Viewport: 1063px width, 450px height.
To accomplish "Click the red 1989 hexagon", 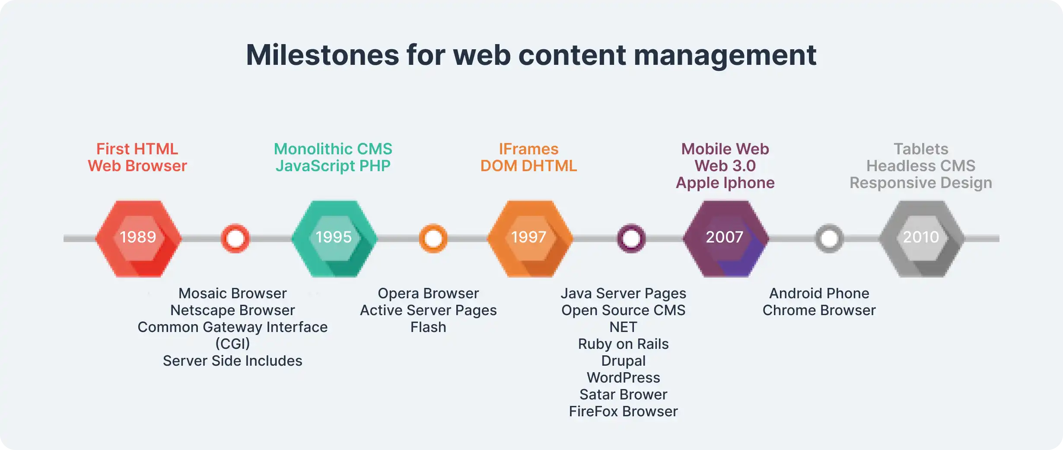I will pos(138,238).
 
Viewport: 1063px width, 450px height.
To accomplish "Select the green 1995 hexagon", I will pos(334,238).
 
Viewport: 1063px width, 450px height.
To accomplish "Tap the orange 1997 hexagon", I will pos(530,238).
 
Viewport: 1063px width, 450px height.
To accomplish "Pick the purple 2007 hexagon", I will pos(726,238).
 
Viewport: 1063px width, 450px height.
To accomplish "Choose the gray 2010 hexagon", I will pos(922,238).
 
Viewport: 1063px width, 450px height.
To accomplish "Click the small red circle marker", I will pos(235,238).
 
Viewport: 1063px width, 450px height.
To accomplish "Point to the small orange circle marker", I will pos(433,238).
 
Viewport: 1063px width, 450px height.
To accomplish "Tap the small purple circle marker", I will pos(631,238).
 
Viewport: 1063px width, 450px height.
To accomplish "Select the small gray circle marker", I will pos(829,238).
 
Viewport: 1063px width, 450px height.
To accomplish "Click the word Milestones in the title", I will pos(322,55).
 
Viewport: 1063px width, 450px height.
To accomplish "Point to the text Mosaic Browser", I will pos(232,294).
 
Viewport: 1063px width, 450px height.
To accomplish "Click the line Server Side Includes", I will pos(232,361).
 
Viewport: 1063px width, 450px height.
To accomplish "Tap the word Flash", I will pos(428,327).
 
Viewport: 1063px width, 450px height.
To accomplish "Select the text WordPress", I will pos(623,378).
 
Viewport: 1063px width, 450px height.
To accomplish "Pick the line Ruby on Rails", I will pos(623,344).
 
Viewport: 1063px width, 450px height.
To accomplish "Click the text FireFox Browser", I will pos(623,412).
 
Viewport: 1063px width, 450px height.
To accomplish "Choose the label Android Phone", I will pos(819,294).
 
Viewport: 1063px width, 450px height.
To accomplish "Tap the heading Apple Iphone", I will pos(725,183).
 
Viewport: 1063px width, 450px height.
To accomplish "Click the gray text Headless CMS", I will pos(921,166).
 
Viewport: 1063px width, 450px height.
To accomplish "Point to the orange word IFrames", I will pos(528,149).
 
